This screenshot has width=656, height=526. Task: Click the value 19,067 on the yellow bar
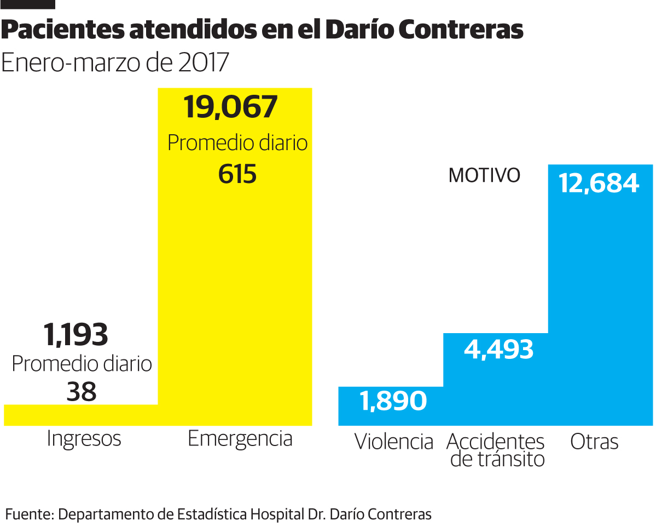pos(231,107)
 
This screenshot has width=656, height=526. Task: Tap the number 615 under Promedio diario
pos(237,174)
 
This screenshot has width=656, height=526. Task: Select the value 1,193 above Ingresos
pos(76,335)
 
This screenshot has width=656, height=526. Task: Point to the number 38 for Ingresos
pos(81,391)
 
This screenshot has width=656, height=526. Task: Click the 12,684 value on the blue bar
pos(599,184)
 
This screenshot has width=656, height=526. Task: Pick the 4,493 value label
pos(498,349)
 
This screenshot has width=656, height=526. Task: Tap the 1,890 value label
pos(393,401)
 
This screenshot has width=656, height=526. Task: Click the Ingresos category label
pos(84,439)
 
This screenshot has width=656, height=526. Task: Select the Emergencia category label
pos(240,439)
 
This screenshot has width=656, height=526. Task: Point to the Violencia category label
pos(393,442)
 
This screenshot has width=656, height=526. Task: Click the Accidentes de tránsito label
pos(496,450)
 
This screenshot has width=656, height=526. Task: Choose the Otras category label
pos(594,442)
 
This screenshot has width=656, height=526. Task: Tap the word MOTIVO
pos(484,176)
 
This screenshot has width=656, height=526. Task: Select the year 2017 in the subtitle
pos(203,63)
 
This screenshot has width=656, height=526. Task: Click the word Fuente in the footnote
pos(28,514)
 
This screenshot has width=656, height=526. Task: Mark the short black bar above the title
pos(28,4)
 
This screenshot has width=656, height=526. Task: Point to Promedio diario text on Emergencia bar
pos(237,143)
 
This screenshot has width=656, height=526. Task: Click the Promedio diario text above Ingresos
pos(82,364)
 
